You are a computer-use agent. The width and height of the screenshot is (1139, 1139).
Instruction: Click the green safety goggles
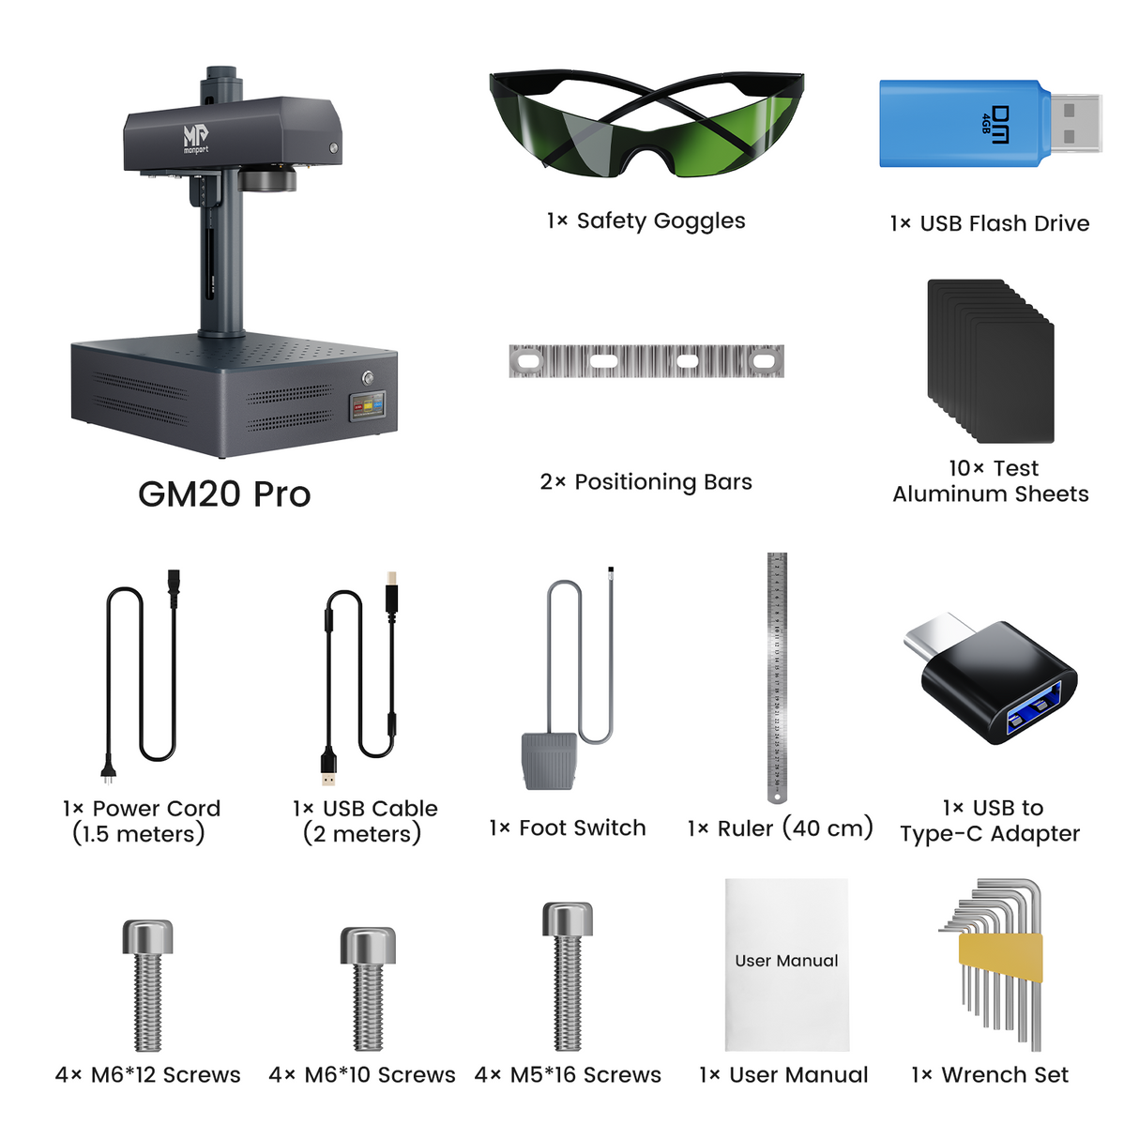(646, 127)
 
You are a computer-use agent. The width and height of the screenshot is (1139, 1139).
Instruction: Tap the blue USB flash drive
(962, 124)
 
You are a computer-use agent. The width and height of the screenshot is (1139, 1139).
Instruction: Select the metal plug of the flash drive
(1075, 123)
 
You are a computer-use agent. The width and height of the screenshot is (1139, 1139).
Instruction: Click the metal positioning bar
(646, 361)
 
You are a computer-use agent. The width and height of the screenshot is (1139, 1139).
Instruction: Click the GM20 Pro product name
(224, 494)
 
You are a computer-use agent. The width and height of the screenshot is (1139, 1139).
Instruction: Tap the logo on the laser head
(195, 139)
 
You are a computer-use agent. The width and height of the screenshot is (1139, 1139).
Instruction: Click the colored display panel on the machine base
(367, 407)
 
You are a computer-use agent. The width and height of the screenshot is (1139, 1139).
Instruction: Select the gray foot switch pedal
(549, 760)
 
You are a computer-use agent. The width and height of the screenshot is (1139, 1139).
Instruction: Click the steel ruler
(777, 676)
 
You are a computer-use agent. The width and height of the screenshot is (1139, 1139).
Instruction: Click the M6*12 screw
(148, 985)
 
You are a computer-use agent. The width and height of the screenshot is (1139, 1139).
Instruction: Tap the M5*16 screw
(568, 976)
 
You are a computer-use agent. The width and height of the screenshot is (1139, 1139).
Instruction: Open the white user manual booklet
(787, 964)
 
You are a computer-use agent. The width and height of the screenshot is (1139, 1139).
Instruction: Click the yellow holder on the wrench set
(1000, 958)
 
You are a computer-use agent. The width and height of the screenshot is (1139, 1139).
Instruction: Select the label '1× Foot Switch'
(568, 828)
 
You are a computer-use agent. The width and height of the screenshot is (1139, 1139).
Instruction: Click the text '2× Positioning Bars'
(646, 482)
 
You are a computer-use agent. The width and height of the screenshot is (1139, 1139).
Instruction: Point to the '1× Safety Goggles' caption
(646, 221)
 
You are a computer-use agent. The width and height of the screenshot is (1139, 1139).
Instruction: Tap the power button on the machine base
(368, 378)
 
